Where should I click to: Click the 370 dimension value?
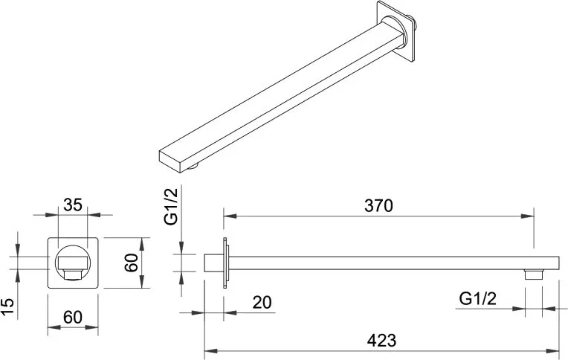[x=378, y=205]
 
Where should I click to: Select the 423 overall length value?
[x=382, y=341]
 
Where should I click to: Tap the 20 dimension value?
[x=262, y=302]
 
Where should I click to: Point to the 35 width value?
[x=73, y=205]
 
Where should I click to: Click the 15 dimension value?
[x=7, y=307]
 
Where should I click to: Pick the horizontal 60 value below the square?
[x=73, y=317]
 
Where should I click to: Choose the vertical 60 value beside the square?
[x=131, y=263]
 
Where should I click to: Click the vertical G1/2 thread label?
[x=171, y=207]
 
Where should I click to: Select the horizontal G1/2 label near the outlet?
[x=477, y=299]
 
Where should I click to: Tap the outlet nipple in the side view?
[x=534, y=274]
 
